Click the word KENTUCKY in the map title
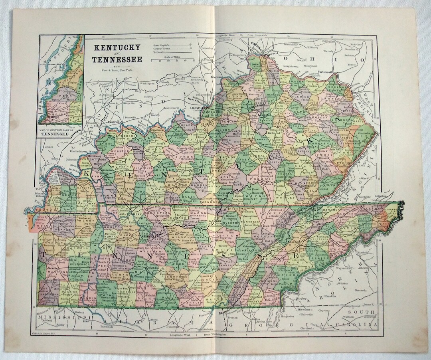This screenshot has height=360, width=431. (x=117, y=48)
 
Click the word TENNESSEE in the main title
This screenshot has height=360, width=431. (x=117, y=60)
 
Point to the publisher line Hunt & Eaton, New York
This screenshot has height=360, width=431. (x=117, y=70)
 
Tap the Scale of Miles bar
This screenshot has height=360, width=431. (x=172, y=59)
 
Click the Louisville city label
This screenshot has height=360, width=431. (x=189, y=108)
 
